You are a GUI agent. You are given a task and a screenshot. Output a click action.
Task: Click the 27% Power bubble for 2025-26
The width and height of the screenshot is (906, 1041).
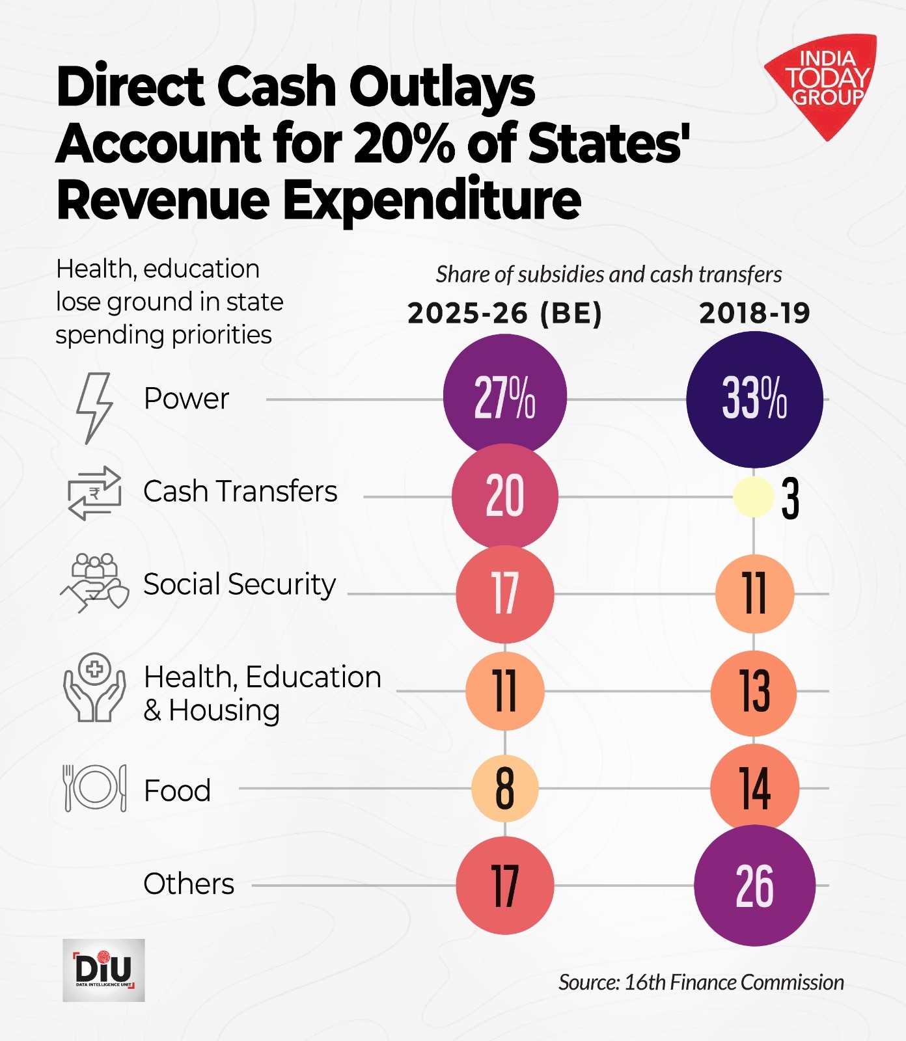pyautogui.click(x=504, y=396)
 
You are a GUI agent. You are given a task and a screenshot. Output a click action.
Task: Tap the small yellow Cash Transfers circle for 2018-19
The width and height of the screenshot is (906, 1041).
pyautogui.click(x=753, y=497)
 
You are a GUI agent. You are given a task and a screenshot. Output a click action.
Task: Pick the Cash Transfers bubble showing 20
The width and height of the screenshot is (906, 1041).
pyautogui.click(x=504, y=496)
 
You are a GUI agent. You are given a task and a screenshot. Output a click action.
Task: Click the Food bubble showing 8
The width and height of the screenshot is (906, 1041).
pyautogui.click(x=504, y=788)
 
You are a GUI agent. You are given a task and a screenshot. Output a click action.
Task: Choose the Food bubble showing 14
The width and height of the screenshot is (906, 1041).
pyautogui.click(x=754, y=788)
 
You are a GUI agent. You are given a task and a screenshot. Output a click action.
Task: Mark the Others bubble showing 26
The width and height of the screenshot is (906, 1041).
pyautogui.click(x=754, y=886)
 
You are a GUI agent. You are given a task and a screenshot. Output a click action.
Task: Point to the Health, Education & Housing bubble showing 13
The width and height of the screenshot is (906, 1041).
pyautogui.click(x=754, y=691)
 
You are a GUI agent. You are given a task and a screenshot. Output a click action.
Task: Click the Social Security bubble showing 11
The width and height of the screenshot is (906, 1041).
pyautogui.click(x=754, y=593)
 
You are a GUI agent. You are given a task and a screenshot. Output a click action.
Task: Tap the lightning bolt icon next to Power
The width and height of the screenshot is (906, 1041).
pyautogui.click(x=94, y=407)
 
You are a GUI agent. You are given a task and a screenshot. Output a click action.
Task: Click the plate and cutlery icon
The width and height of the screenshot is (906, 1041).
pyautogui.click(x=94, y=788)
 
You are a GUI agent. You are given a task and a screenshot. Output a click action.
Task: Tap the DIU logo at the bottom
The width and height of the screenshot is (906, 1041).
pyautogui.click(x=103, y=969)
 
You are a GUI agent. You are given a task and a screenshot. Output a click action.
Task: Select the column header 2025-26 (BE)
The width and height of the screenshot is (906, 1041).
pyautogui.click(x=504, y=314)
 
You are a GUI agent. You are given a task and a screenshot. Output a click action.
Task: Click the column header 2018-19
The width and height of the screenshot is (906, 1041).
pyautogui.click(x=754, y=314)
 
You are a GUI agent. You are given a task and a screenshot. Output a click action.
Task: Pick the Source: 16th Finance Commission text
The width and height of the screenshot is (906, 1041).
pyautogui.click(x=701, y=982)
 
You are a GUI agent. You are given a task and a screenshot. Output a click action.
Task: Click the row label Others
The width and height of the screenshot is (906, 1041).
pyautogui.click(x=189, y=884)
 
